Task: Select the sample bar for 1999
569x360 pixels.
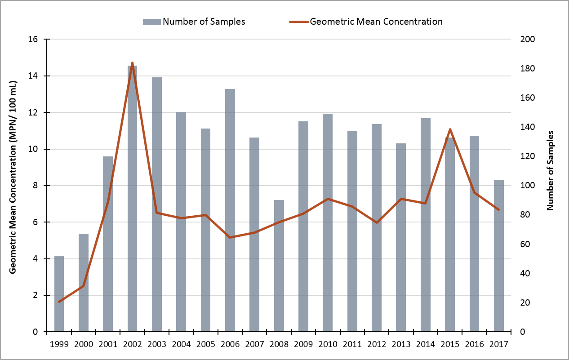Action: click(x=59, y=294)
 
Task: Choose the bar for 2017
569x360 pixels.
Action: click(x=498, y=256)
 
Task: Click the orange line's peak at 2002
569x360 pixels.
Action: click(x=132, y=63)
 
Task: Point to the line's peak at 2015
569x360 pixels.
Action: click(x=450, y=129)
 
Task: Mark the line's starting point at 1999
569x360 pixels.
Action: click(x=59, y=302)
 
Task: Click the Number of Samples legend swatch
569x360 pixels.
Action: click(x=151, y=22)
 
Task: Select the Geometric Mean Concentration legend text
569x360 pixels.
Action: click(x=376, y=22)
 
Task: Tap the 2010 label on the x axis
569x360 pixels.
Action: click(x=328, y=345)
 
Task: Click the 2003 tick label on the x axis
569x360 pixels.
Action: click(x=157, y=345)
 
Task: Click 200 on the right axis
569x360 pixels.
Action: click(x=524, y=39)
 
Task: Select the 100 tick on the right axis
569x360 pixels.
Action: click(x=524, y=186)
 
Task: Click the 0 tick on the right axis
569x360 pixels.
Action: click(x=520, y=332)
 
